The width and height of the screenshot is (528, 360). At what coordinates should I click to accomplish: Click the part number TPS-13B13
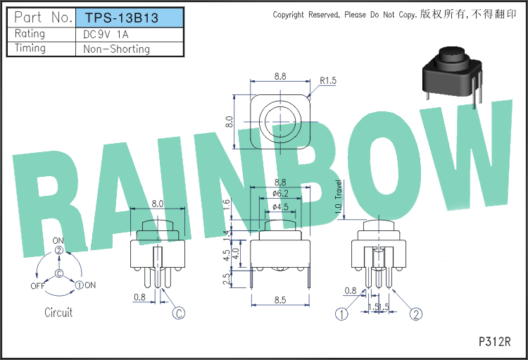click(x=121, y=18)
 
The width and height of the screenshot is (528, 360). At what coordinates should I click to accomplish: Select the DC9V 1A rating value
click(x=106, y=35)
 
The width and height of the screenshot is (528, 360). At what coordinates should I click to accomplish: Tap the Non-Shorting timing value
click(x=116, y=49)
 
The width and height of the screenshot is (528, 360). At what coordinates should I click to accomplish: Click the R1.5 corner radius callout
click(x=328, y=80)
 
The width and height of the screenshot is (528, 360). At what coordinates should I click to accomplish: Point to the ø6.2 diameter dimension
click(x=280, y=194)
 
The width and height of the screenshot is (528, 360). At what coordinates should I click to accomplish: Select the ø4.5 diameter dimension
click(x=280, y=206)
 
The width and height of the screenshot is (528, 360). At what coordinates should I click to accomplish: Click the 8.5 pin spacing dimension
click(x=280, y=300)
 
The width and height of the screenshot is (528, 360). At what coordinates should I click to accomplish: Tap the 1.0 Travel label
click(x=339, y=197)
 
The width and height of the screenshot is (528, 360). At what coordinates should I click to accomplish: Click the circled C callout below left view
click(x=179, y=313)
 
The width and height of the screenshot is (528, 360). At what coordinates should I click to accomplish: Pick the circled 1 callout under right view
click(x=341, y=314)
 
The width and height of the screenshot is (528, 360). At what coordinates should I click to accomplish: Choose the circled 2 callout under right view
click(x=416, y=314)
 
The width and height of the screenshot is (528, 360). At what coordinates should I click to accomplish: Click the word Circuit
click(x=58, y=313)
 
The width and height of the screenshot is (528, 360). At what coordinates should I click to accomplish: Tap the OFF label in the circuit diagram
click(x=38, y=286)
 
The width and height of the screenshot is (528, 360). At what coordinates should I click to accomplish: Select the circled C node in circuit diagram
click(x=59, y=273)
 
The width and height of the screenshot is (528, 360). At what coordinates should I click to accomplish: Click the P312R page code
click(x=495, y=342)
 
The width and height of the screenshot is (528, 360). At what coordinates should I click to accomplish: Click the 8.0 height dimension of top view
click(x=230, y=122)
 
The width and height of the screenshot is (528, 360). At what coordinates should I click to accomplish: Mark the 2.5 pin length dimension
click(x=227, y=279)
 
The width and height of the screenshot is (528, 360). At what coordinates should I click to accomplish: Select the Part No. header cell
click(x=44, y=17)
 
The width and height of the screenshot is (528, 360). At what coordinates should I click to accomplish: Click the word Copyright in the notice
click(x=288, y=15)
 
